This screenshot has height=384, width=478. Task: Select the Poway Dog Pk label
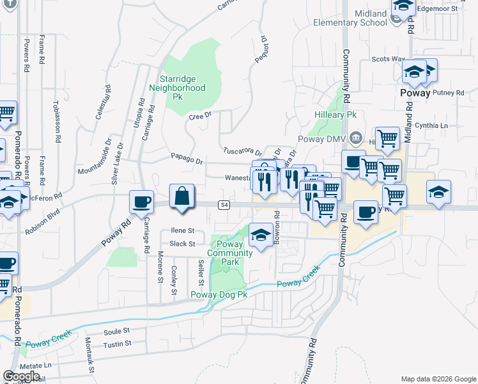click(x=219, y=294)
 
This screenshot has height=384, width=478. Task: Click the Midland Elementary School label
click(x=350, y=18)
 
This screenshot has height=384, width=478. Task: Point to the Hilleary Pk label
click(x=335, y=115)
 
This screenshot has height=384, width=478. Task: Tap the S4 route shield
click(x=223, y=205)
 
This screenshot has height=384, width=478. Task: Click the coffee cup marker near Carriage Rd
click(x=141, y=202)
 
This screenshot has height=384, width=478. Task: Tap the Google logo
click(x=22, y=376)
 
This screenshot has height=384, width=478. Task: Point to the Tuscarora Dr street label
click(x=243, y=152)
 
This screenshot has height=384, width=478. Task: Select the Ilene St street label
click(x=182, y=230)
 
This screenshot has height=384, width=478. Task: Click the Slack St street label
click(x=182, y=244)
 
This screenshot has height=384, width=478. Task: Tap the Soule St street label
click(x=116, y=332)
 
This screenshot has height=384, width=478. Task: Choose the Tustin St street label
click(x=118, y=344)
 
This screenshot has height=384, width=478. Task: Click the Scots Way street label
click(x=389, y=59)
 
